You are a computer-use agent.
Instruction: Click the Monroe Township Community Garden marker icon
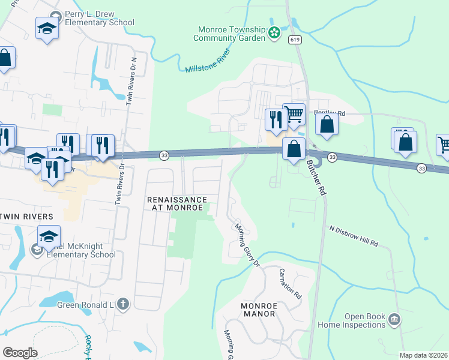point(274,32)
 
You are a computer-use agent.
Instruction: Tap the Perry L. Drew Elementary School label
point(100,18)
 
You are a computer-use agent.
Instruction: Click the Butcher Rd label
point(315,174)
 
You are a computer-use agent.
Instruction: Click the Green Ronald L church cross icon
point(123,305)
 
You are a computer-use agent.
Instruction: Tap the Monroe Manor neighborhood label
point(258,310)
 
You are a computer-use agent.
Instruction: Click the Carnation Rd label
point(289,284)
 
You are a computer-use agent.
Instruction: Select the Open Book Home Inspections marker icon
point(394,319)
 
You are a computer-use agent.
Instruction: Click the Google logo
point(20,353)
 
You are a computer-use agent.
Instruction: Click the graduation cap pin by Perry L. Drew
point(47,28)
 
